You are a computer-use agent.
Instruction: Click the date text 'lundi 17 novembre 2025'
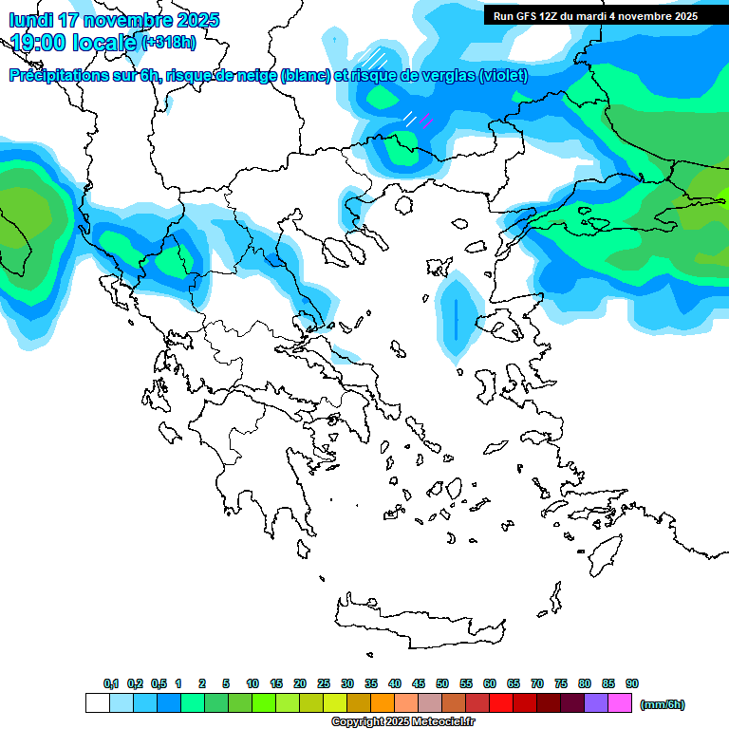(114, 20)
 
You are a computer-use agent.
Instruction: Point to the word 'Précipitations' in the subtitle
(65, 76)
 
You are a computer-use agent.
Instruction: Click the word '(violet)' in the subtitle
(503, 76)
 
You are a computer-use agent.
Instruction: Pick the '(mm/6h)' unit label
(663, 704)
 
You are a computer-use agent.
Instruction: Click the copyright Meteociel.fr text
(402, 722)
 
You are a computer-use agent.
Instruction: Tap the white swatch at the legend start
(98, 703)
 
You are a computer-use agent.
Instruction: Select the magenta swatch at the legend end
(620, 703)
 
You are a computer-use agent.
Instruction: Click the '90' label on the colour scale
(632, 683)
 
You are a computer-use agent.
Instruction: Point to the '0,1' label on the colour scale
(111, 683)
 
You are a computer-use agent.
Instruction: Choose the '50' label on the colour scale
(442, 683)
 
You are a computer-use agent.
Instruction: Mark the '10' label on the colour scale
(252, 683)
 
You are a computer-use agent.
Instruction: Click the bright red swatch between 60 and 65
(501, 703)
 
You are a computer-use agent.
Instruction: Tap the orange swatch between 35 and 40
(383, 703)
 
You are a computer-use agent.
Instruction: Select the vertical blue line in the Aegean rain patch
(457, 319)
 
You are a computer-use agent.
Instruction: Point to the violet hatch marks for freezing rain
(425, 121)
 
